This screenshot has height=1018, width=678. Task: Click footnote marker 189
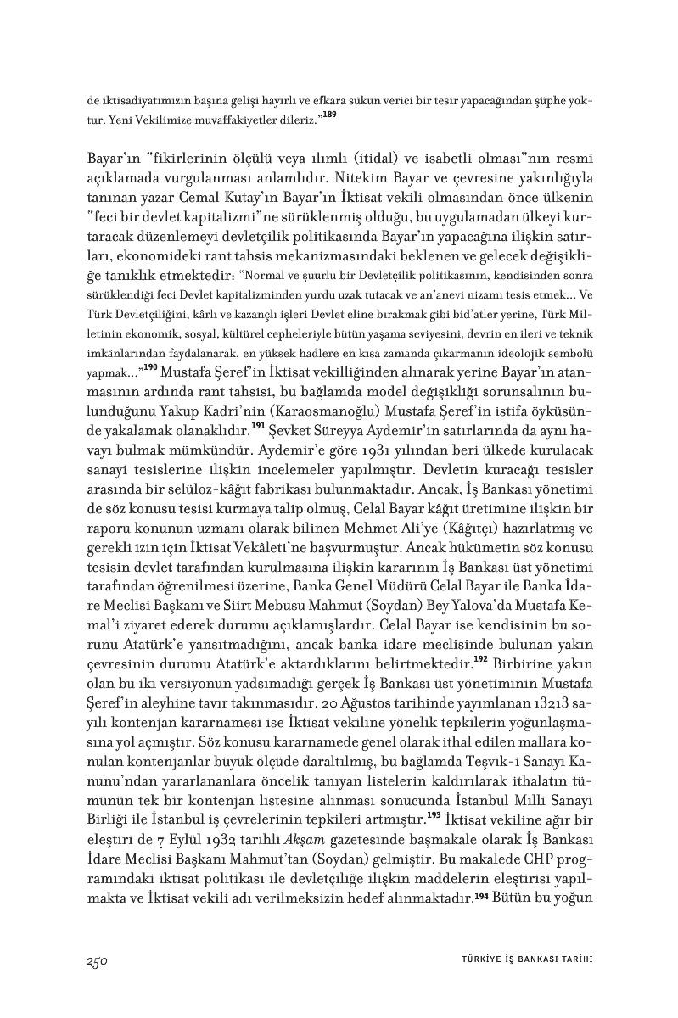pyautogui.click(x=330, y=114)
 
